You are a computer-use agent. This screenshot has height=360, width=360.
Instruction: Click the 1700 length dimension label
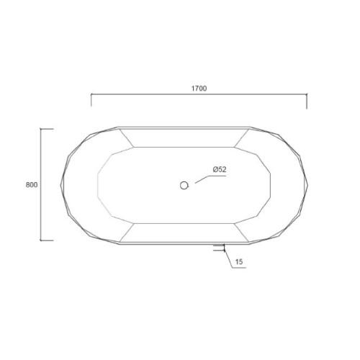pos(199,89)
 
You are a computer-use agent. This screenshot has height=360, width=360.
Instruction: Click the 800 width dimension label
pos(32,185)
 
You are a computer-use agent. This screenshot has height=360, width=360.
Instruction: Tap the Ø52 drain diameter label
pos(220,169)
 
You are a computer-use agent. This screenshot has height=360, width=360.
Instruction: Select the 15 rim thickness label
pos(239,261)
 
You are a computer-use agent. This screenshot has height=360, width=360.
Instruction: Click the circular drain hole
pos(184,185)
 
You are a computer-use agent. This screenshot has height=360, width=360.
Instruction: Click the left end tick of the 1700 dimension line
pos(91,100)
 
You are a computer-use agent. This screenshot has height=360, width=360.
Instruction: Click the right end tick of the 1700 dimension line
pos(307,101)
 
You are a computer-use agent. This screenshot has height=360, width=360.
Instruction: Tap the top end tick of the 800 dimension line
pos(47,129)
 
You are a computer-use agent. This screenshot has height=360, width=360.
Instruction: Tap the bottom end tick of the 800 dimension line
pos(47,240)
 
